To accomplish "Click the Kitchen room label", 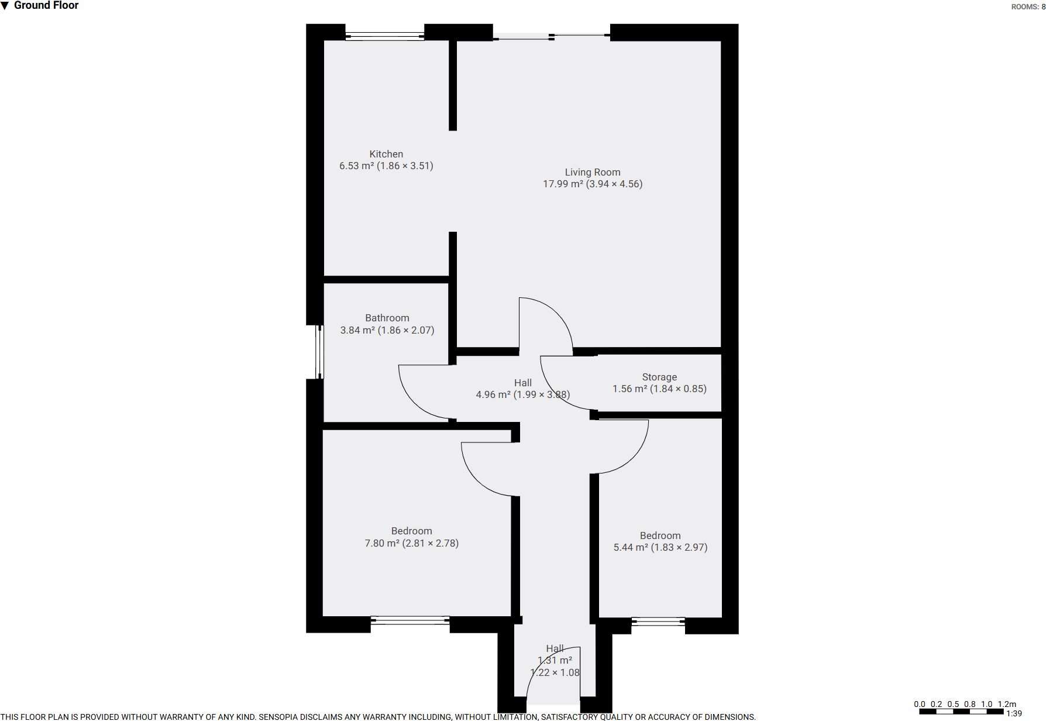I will pos(386,154).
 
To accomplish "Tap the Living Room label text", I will pos(592,172).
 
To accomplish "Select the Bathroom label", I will pos(387,318).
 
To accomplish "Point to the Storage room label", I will pos(659,377).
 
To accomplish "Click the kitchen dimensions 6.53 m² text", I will pos(386,166).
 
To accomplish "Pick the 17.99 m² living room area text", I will pos(592,184).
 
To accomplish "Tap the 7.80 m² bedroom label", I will pos(411,543).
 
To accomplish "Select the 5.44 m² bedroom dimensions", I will pos(660,548).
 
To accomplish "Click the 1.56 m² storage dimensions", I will pos(659,389).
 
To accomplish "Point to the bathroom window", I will pos(319,352).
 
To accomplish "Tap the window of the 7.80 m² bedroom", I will pos(410,620).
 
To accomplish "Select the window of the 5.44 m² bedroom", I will pos(658,622).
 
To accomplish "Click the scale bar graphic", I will pos(961,712).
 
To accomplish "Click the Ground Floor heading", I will pos(46,6).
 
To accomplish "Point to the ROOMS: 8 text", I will pos(1028,7).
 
